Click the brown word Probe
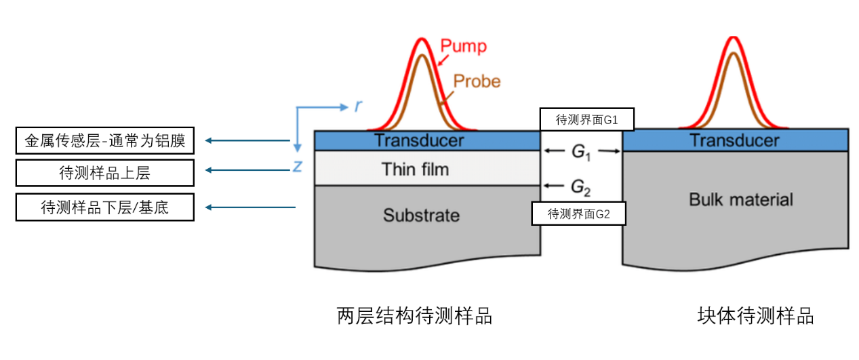477,81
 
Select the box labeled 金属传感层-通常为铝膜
104,141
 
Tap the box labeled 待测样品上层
104,173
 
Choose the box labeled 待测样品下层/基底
104,207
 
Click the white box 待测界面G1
586,119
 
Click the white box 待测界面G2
578,214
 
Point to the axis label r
357,106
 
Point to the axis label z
297,166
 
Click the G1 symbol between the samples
581,152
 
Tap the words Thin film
415,169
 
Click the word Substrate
421,216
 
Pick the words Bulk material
740,199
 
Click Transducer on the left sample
419,140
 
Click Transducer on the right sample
734,140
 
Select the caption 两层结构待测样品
414,316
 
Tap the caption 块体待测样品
755,316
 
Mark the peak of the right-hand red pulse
733,38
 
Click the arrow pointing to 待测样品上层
247,170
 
